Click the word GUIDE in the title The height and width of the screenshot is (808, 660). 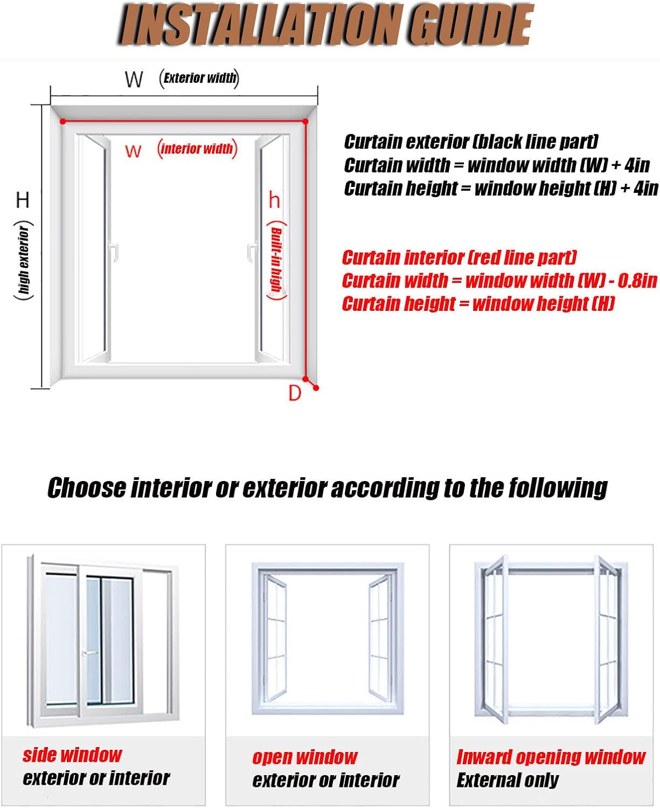470,25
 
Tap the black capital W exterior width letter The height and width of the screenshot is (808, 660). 134,80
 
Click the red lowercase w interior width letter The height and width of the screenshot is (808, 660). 133,152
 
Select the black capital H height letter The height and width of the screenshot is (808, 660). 23,200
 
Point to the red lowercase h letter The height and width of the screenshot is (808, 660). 274,200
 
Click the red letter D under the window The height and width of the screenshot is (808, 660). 294,393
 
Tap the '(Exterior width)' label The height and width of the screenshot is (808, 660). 199,79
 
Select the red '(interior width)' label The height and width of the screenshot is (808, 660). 197,149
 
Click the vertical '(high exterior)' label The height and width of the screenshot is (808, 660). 24,260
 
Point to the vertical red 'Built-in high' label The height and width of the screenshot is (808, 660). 277,261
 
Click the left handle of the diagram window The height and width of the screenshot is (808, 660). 114,252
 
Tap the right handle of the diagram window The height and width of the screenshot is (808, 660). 252,252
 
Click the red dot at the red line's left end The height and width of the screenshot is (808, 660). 63,121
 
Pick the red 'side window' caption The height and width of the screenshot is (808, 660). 72,755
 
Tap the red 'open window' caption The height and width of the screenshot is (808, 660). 305,757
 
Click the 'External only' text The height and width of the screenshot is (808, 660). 508,780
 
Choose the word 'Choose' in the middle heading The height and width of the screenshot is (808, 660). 87,487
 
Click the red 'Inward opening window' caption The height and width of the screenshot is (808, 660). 551,757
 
